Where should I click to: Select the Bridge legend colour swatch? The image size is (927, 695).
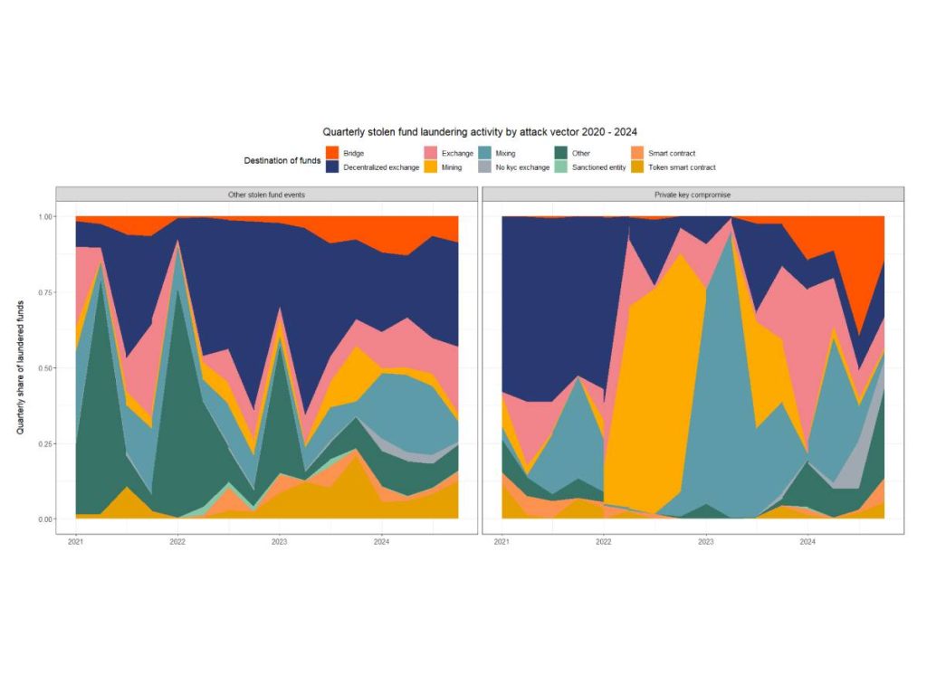click(331, 154)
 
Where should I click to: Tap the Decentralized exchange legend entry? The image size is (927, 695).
click(379, 167)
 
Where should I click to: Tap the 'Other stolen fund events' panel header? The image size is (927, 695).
click(266, 195)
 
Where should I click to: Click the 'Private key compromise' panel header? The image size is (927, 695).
click(692, 195)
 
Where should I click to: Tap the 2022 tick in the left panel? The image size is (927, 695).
click(177, 542)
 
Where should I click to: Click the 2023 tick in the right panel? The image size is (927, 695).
click(706, 542)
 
